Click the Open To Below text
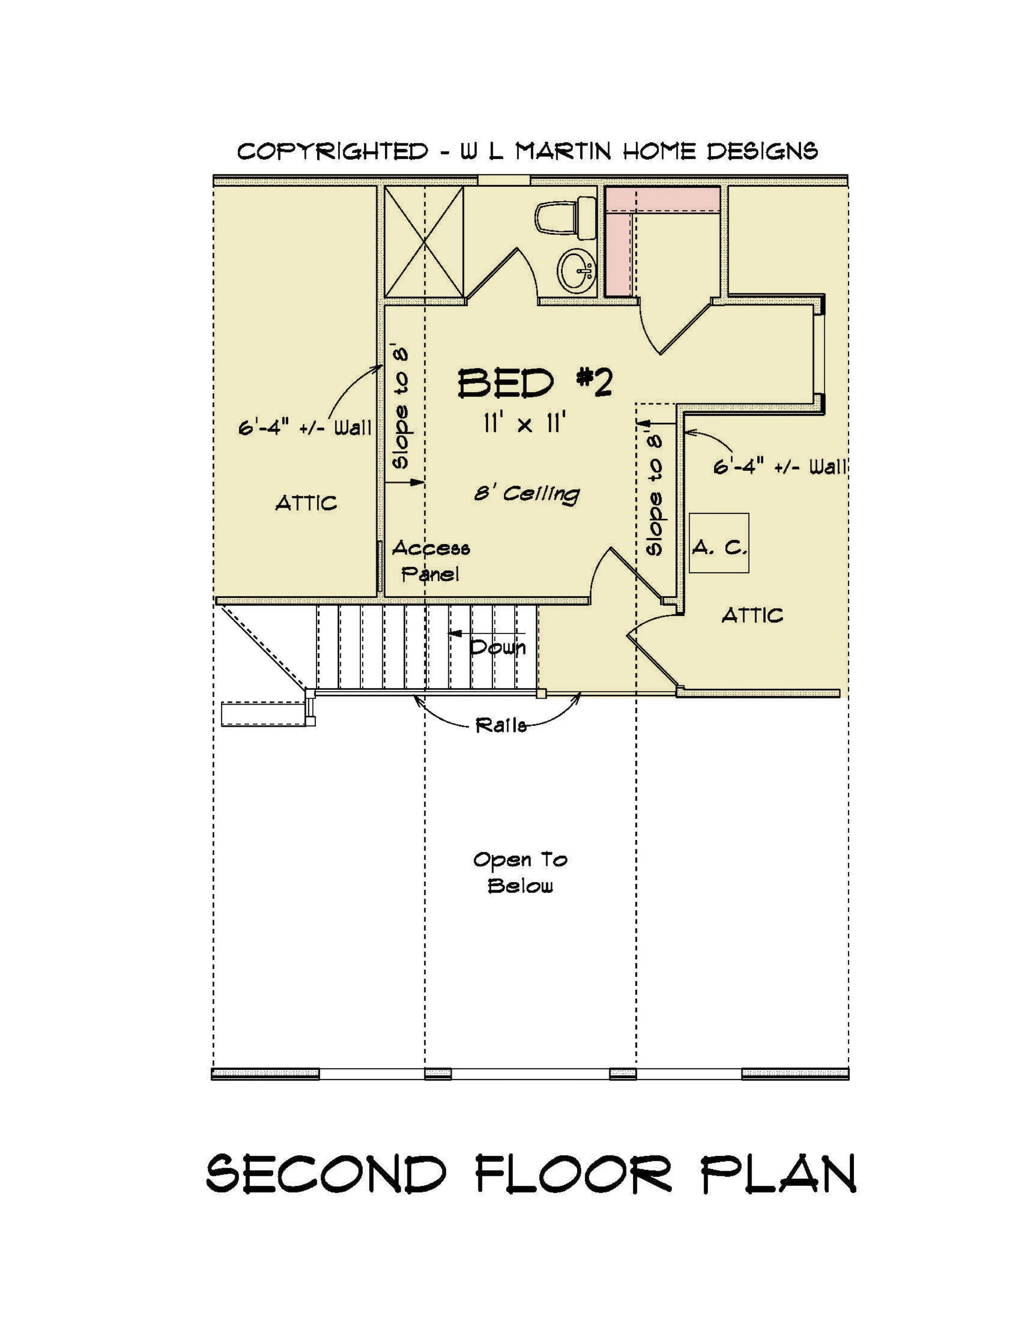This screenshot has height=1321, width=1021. pos(520,873)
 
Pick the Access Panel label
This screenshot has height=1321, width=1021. pos(431,561)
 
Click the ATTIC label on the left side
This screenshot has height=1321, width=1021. pos(306,503)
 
